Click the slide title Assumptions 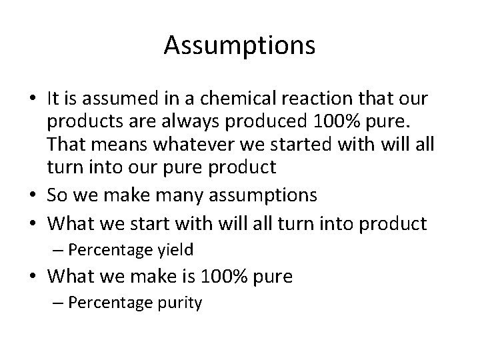pos(239,46)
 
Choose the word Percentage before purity pos(109,303)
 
